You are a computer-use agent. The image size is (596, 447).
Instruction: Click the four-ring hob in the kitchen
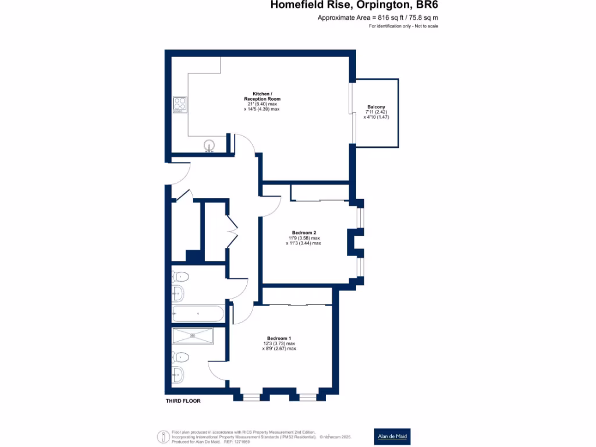(x=180, y=104)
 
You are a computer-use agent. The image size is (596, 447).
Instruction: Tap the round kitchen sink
(x=209, y=146)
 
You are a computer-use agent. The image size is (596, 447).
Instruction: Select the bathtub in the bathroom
(x=198, y=314)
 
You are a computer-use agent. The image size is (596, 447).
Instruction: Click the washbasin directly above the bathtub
(x=178, y=293)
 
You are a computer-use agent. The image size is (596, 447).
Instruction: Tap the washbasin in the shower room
(x=178, y=374)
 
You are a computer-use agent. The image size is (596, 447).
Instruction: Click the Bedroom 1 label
(x=279, y=338)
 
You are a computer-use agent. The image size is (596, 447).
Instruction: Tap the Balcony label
(x=375, y=107)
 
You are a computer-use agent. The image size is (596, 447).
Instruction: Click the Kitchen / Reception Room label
(x=261, y=97)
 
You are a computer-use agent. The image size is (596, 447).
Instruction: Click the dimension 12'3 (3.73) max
(x=279, y=343)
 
